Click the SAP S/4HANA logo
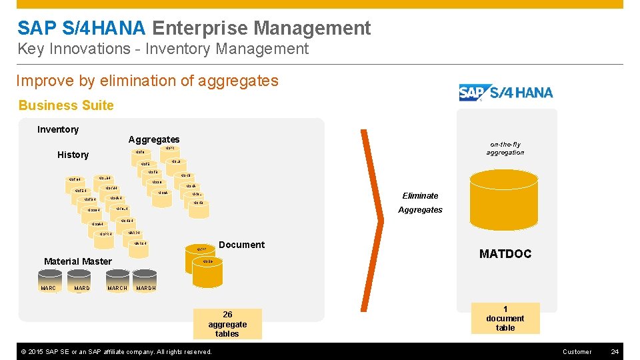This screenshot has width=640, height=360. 506,93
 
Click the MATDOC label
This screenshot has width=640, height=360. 505,254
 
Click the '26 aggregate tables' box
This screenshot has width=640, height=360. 227,324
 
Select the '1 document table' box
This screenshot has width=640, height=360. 505,319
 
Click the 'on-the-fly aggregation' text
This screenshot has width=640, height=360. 505,149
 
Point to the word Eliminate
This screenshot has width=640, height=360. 420,196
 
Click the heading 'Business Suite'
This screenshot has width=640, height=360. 66,105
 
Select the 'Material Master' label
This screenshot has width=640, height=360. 77,261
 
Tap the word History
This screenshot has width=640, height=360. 73,155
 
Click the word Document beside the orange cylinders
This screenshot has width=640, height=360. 241,245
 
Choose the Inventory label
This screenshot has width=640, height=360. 58,129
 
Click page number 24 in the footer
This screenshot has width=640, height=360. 615,351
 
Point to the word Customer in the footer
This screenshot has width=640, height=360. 577,351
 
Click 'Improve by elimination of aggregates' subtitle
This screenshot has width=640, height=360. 147,81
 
